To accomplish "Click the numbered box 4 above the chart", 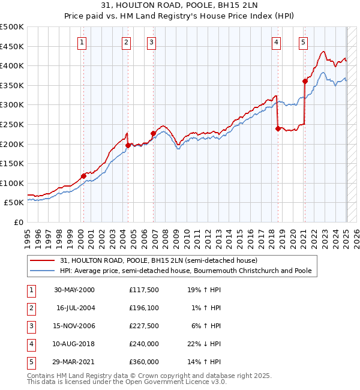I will [x=276, y=42].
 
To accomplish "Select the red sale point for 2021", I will [x=305, y=81].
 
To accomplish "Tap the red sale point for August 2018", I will [x=277, y=128].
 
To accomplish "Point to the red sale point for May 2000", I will [x=83, y=176].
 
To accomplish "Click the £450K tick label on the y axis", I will [x=12, y=46].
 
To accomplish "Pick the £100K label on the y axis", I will [x=12, y=183].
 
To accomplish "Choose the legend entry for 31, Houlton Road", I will [x=158, y=260].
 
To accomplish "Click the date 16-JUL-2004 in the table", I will [x=76, y=308].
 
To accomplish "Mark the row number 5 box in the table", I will [x=31, y=362].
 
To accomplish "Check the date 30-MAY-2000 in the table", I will [x=74, y=290].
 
